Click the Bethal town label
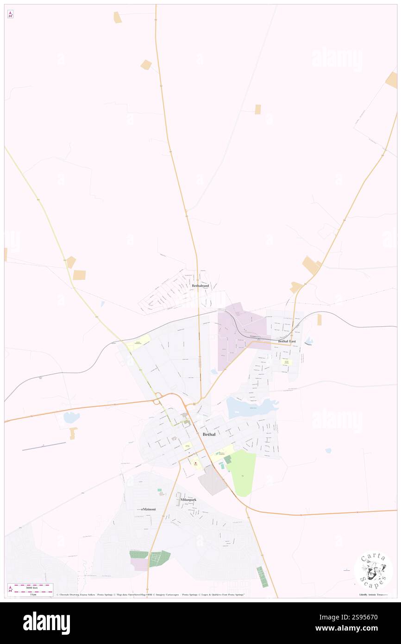click(209, 434)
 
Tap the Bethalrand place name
click(200, 286)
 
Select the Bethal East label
click(287, 341)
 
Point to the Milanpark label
click(188, 500)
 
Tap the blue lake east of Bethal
click(250, 408)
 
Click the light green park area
click(243, 473)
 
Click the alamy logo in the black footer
click(46, 623)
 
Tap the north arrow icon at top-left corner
click(10, 15)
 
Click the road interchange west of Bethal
click(159, 398)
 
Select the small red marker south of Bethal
click(195, 463)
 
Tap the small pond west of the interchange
click(72, 417)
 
